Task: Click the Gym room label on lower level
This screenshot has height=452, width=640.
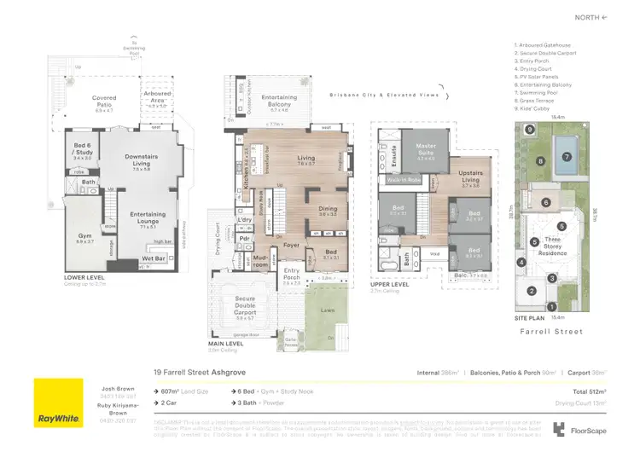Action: tap(85, 240)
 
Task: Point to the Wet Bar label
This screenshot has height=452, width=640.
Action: tap(154, 258)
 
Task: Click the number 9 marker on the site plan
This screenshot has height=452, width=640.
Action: tap(530, 130)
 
